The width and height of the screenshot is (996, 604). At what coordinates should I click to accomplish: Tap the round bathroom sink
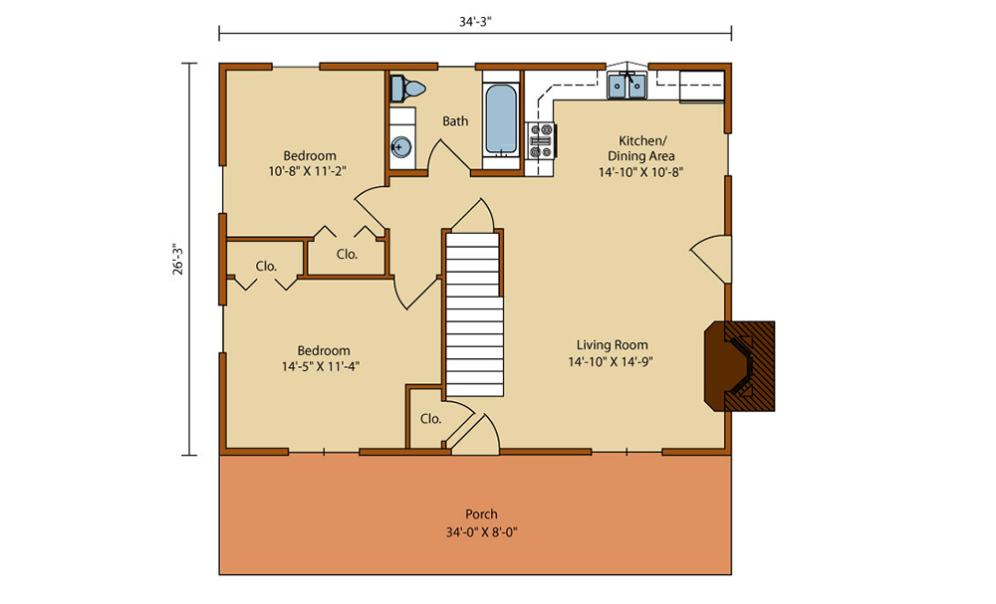click(400, 147)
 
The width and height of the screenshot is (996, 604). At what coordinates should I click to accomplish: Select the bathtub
click(501, 120)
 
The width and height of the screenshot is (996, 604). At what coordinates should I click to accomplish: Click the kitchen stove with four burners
click(541, 140)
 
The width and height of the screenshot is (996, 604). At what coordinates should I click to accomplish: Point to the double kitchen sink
click(626, 85)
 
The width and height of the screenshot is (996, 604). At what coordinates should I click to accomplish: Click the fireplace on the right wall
click(739, 366)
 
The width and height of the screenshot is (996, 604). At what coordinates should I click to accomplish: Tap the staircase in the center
click(474, 314)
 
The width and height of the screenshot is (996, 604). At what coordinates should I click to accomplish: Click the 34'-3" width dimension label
click(476, 21)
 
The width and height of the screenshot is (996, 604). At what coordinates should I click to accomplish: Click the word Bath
click(455, 120)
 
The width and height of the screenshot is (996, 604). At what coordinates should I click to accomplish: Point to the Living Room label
click(613, 345)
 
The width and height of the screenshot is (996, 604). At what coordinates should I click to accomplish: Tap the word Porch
click(481, 513)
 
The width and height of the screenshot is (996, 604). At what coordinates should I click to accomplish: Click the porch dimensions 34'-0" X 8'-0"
click(481, 532)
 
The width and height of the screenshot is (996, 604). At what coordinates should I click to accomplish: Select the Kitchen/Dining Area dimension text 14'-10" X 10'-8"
click(640, 172)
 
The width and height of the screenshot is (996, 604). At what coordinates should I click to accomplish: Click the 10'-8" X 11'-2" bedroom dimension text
click(308, 171)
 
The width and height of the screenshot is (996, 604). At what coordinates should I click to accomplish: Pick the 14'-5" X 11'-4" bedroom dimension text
click(321, 366)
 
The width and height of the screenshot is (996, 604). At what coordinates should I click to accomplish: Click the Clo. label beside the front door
click(430, 419)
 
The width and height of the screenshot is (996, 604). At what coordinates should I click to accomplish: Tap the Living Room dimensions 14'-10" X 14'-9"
click(612, 361)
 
